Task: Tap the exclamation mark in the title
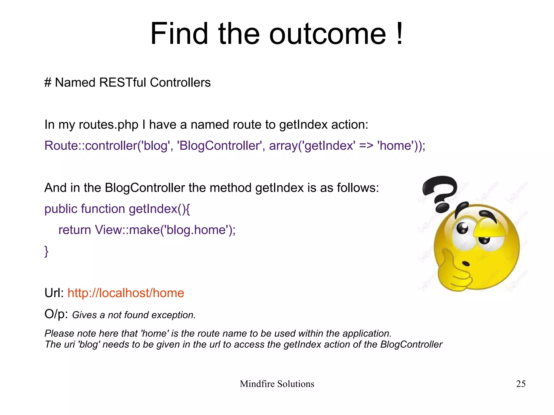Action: tap(399, 34)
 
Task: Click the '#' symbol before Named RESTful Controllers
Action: tap(48, 83)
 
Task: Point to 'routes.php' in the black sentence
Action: tap(108, 125)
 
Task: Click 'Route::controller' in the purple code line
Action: tap(91, 146)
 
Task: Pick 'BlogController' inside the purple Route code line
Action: tap(219, 146)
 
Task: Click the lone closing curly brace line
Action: tap(46, 251)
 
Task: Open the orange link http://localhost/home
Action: tap(126, 293)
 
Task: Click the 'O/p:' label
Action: tap(56, 314)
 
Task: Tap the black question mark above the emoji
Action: tap(440, 192)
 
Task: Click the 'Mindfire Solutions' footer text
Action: tap(277, 384)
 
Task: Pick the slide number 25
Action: tap(521, 384)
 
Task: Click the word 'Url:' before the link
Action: tap(54, 293)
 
